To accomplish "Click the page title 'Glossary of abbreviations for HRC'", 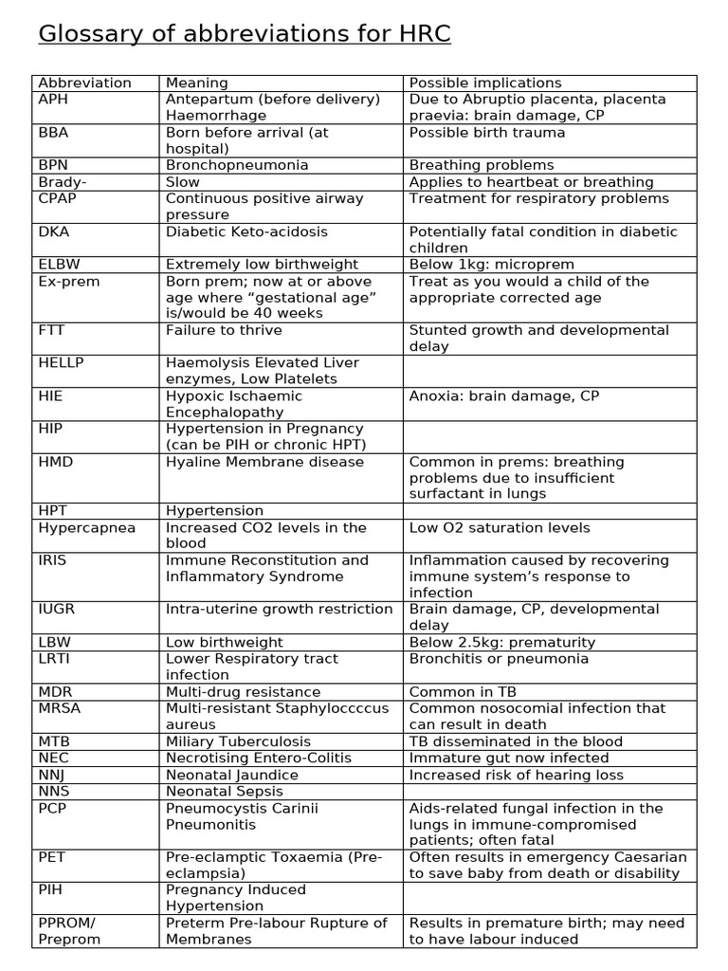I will click(245, 35).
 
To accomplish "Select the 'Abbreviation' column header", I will click(84, 82).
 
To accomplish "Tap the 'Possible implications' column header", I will click(485, 82).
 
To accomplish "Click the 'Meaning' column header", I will click(196, 82).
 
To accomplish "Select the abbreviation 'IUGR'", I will click(58, 610).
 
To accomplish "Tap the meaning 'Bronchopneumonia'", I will click(237, 165).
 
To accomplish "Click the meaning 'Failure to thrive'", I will click(223, 330).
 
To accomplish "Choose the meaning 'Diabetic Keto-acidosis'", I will click(246, 231).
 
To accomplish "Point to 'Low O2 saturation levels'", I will click(499, 527).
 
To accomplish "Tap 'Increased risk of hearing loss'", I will click(516, 775).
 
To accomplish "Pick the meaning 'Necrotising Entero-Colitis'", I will click(258, 758).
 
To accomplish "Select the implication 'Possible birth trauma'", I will click(486, 133).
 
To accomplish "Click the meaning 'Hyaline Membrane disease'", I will click(264, 462).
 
